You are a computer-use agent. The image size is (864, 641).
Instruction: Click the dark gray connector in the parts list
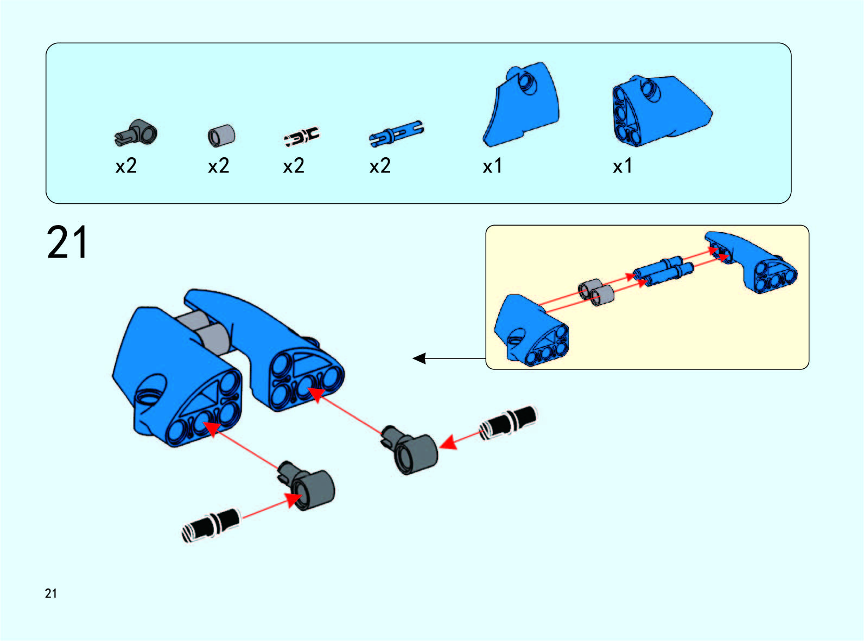click(x=136, y=133)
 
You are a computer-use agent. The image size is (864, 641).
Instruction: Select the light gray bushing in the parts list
click(x=221, y=136)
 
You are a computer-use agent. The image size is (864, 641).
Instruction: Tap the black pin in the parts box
click(x=302, y=137)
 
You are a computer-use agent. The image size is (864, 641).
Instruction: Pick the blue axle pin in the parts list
click(x=396, y=133)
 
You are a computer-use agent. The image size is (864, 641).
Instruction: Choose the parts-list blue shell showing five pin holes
click(x=662, y=111)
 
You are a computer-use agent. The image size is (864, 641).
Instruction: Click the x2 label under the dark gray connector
click(x=126, y=166)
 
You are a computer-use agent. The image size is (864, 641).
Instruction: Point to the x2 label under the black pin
click(x=293, y=166)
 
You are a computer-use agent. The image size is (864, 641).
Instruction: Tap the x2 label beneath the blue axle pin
click(x=380, y=166)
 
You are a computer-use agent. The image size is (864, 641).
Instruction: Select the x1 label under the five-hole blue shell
click(x=622, y=166)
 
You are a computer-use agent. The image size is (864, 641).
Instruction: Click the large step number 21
click(x=67, y=242)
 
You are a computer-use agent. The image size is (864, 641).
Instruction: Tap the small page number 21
click(x=50, y=593)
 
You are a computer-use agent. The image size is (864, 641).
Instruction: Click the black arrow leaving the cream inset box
click(x=449, y=358)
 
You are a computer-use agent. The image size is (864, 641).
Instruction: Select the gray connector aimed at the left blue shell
click(x=306, y=485)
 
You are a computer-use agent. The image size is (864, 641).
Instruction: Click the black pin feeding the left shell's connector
click(x=211, y=525)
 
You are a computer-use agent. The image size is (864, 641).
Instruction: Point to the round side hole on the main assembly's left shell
click(x=153, y=390)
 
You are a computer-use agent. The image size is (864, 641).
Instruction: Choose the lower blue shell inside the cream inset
click(x=531, y=330)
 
